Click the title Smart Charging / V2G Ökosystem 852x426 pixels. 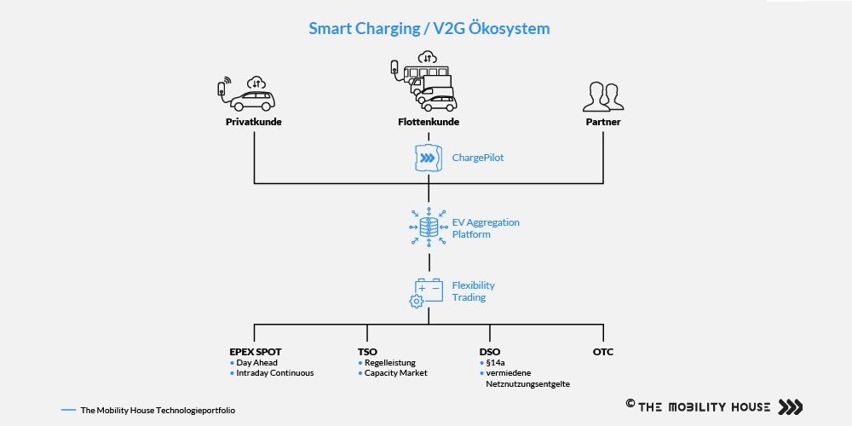point(429,28)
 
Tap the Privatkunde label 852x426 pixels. point(254,122)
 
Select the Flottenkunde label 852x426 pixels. point(429,122)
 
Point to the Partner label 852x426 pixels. point(603,122)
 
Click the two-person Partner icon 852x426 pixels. point(603,97)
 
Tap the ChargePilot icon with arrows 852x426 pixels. point(429,158)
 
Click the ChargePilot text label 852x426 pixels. point(478,158)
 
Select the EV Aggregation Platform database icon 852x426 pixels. point(429,227)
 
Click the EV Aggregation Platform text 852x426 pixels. point(486,228)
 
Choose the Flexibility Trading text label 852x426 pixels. point(473,291)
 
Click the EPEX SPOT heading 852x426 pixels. point(256,352)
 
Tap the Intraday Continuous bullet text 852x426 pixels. point(275,373)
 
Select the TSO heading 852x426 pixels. point(367,352)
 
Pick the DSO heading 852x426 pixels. point(490,352)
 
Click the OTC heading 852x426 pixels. point(603,352)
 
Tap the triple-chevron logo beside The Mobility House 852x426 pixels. point(790,407)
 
